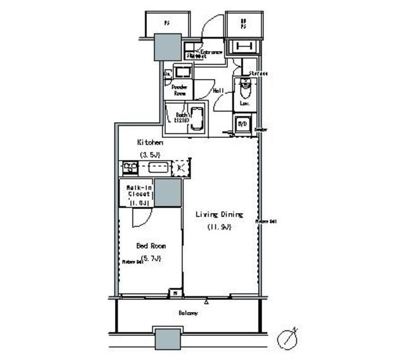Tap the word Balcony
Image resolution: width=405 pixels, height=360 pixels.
tap(188, 313)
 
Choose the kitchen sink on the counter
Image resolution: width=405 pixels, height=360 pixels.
tap(157, 168)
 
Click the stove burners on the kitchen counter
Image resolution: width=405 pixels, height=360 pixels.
tap(130, 168)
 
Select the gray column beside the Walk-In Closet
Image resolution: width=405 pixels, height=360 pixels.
tap(168, 192)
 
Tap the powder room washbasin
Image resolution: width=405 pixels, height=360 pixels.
tap(184, 71)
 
